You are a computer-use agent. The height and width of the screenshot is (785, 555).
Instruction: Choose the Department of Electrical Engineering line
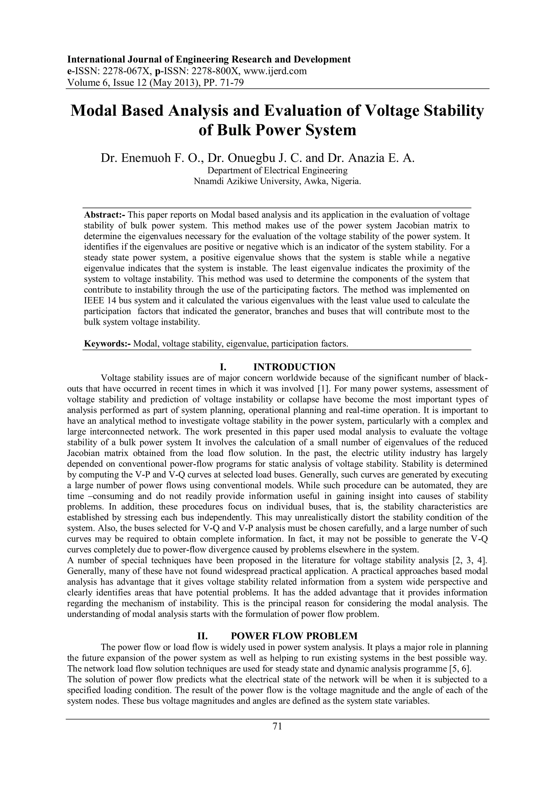[x=277, y=170]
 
